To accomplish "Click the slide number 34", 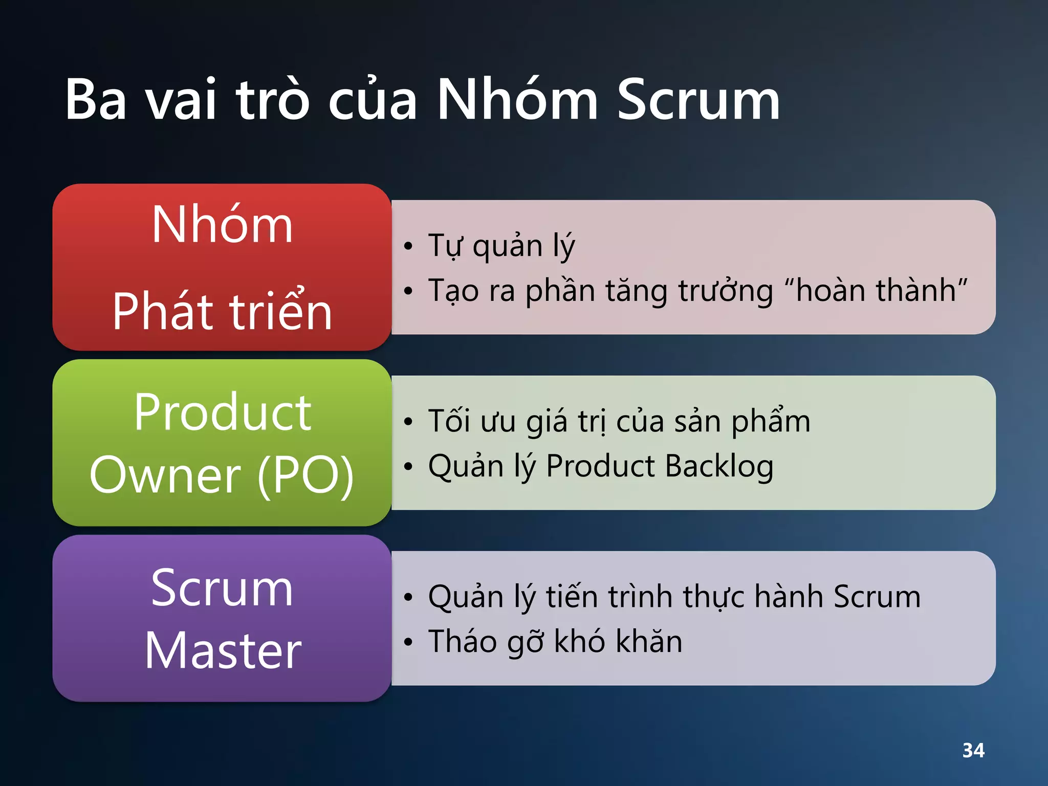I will (973, 751).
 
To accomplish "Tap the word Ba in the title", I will (96, 100).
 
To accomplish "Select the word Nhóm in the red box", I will (222, 225).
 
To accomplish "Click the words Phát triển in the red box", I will (222, 311).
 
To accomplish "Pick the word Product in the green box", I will (222, 412).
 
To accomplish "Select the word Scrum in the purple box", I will (222, 589).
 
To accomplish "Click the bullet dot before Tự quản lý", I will (408, 246).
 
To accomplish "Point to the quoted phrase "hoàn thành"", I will (876, 290).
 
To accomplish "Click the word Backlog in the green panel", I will (719, 466).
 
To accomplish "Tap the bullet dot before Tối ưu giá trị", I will (408, 422).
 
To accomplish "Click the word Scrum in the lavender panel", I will (877, 597).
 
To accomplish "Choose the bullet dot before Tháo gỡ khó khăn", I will (408, 642).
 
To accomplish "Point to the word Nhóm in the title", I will (517, 100).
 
